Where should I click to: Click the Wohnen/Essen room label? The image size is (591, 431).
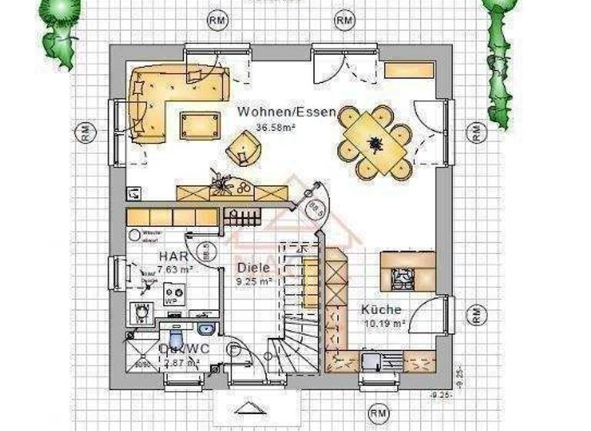click(286, 112)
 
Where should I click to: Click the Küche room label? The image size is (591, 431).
click(381, 310)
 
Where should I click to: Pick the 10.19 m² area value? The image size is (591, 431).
click(383, 324)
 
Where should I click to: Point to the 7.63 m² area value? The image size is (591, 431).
click(175, 269)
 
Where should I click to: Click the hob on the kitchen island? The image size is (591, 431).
click(402, 277)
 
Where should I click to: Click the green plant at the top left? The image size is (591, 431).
click(58, 31)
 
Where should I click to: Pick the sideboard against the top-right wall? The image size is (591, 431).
click(409, 70)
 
